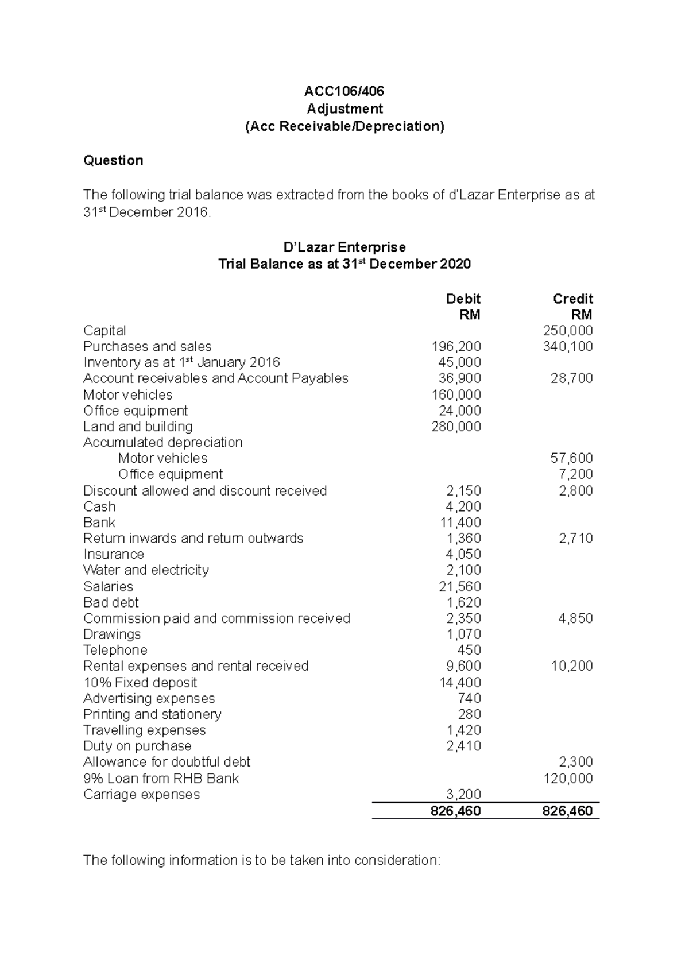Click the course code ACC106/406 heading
pos(344,91)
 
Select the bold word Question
pos(113,161)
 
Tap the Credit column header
pos(572,299)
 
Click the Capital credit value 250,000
pos(567,331)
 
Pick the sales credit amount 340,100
pos(567,347)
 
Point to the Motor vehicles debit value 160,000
pos(456,395)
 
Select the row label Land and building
pos(138,427)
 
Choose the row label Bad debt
pos(111,602)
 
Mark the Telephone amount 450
pos(469,651)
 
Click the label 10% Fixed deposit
pos(140,683)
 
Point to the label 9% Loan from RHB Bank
pos(161,779)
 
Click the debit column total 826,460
pos(455,811)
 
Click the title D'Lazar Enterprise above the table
pos(344,247)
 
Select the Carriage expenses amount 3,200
pos(463,795)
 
